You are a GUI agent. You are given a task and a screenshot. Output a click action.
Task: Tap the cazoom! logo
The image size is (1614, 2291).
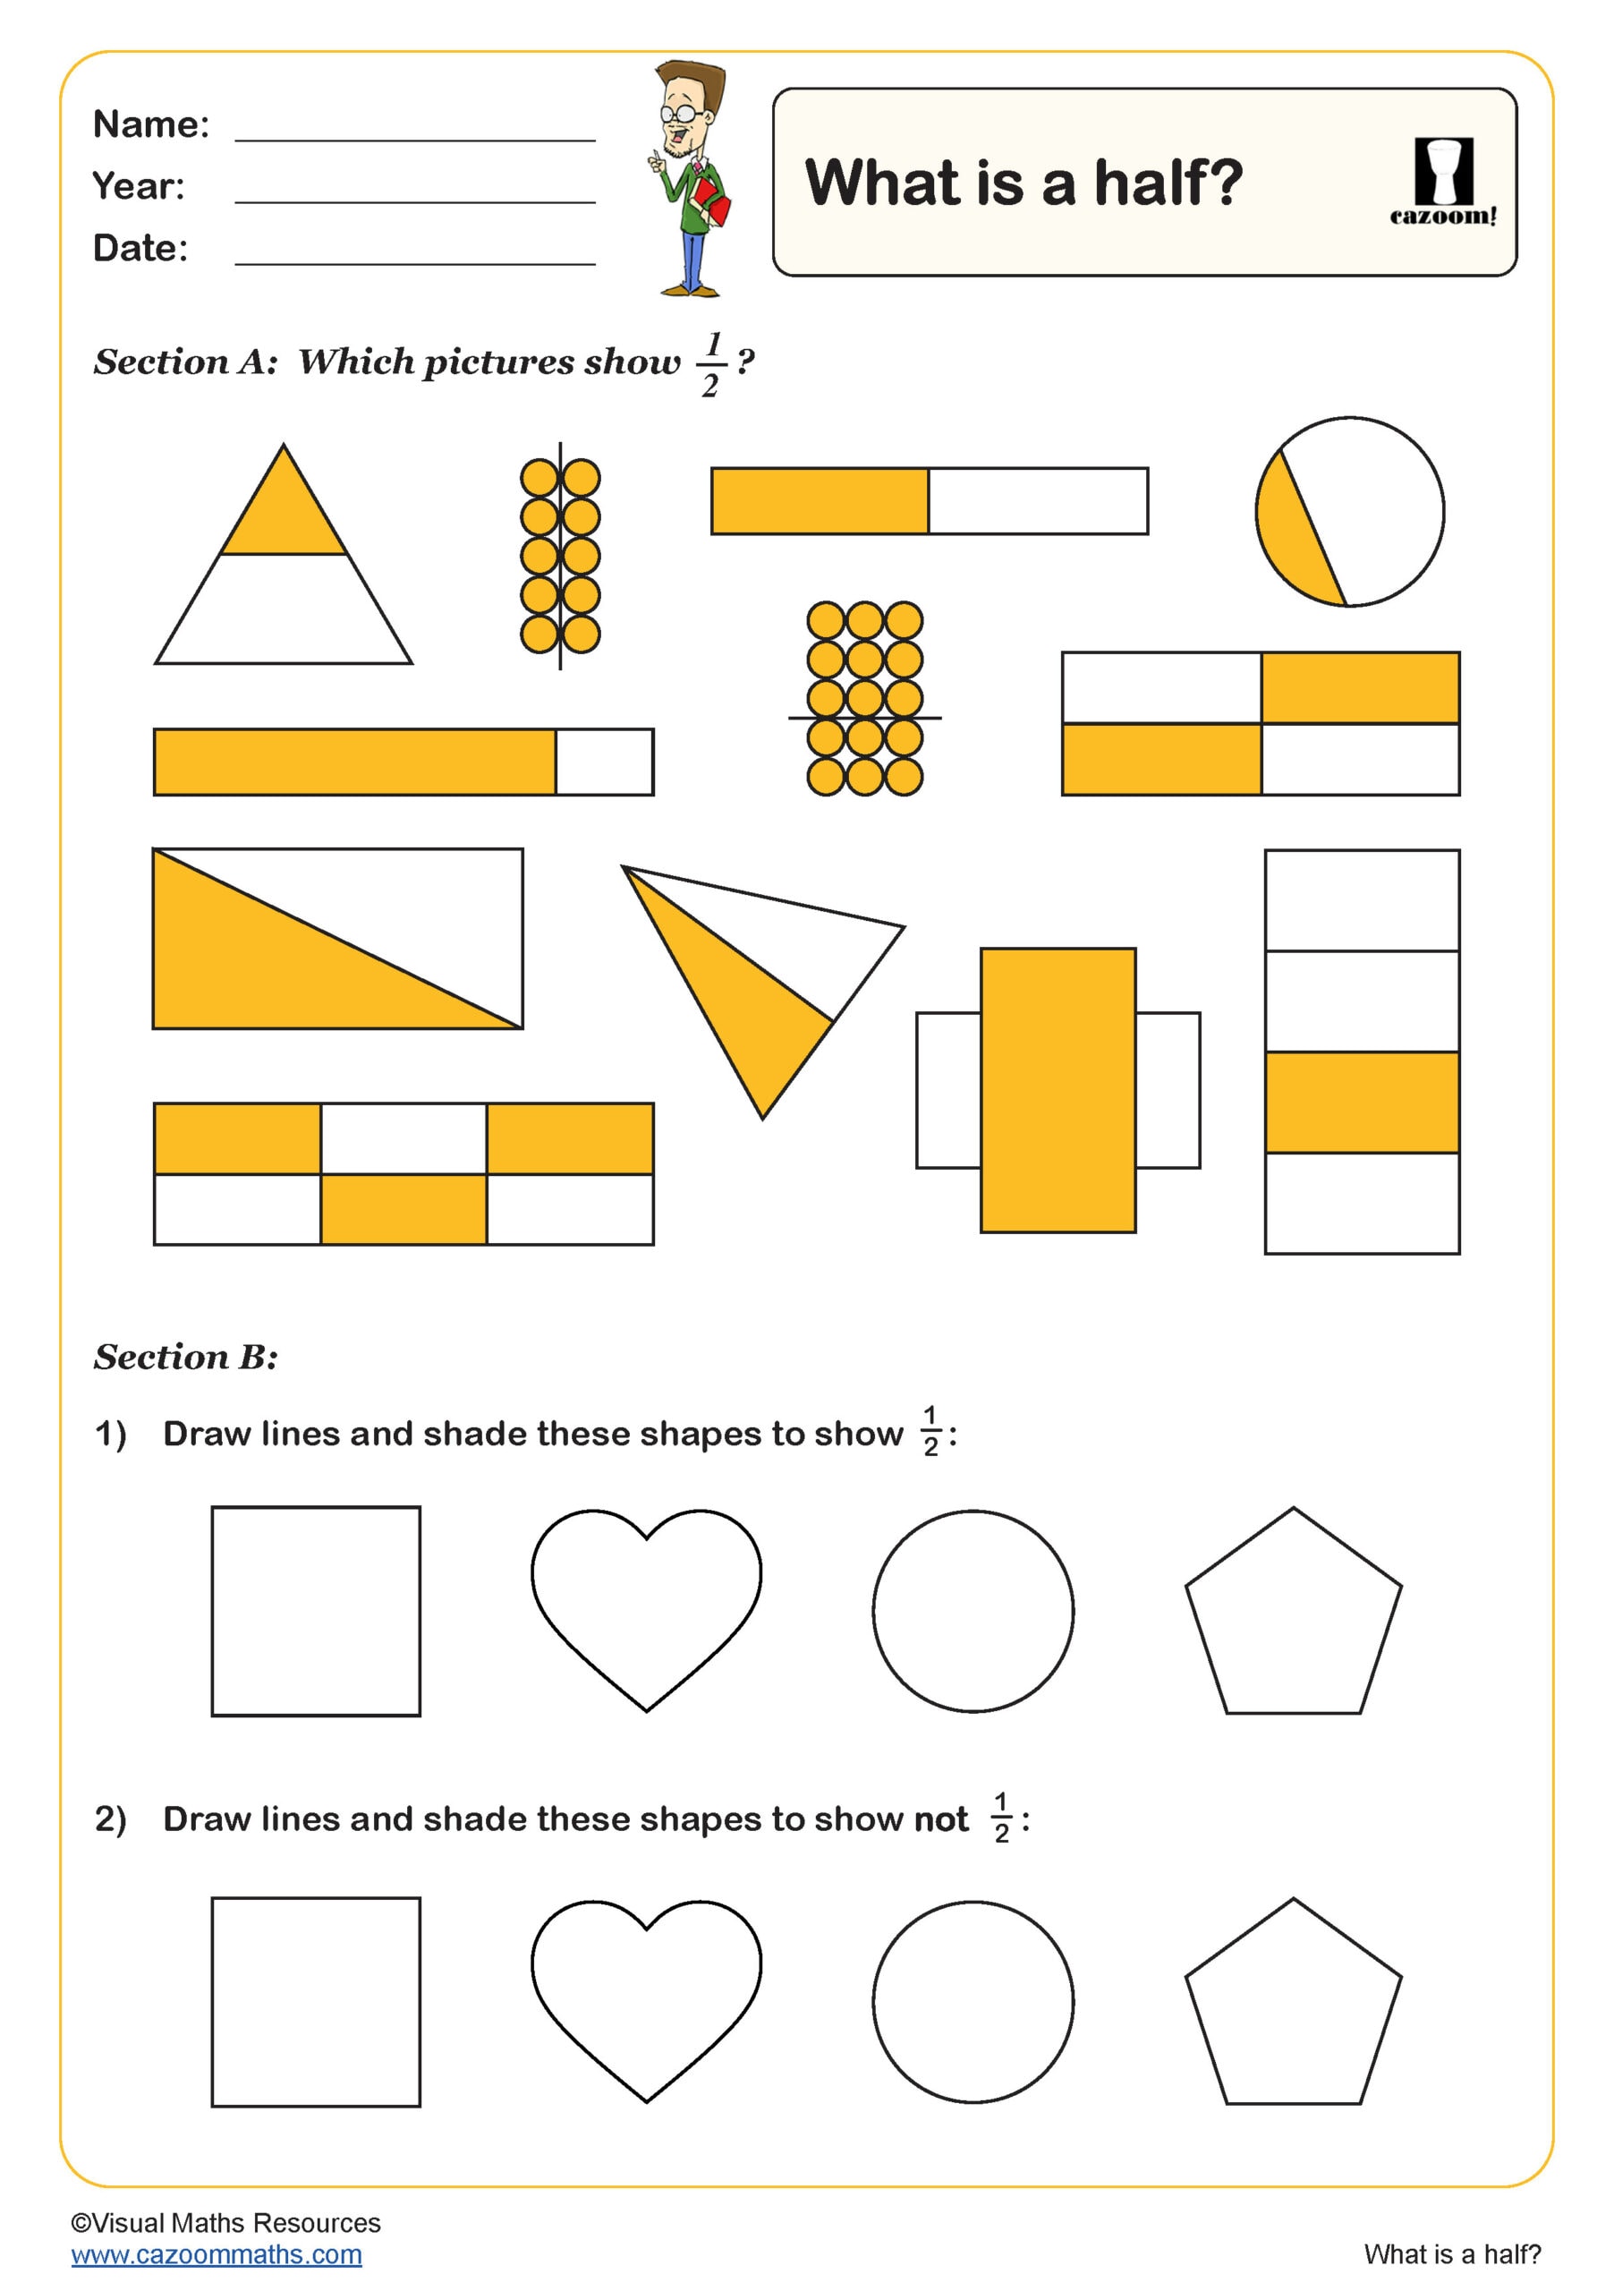coord(1442,183)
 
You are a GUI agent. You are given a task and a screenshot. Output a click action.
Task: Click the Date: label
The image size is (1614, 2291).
coord(140,249)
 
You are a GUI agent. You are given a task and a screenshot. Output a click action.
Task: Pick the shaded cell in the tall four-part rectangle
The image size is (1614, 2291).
coord(1361,1102)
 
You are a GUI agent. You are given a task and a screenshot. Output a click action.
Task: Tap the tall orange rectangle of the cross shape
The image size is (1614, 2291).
coord(1058,1090)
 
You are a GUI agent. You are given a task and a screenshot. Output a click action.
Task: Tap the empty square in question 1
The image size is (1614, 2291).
coord(315,1611)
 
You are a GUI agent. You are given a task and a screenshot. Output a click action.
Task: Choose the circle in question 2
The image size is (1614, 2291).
coord(973,2002)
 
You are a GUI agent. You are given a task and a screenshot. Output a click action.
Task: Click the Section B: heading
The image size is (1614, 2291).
coord(185,1357)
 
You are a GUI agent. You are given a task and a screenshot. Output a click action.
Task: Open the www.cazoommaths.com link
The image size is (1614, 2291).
coord(217,2254)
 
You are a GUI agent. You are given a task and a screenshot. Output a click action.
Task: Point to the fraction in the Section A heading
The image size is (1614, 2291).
coord(710,365)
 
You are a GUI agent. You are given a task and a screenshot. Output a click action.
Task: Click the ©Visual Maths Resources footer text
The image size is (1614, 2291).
coord(225,2222)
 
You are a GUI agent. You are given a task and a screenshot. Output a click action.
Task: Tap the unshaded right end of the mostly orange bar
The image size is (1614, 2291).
coord(604,762)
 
